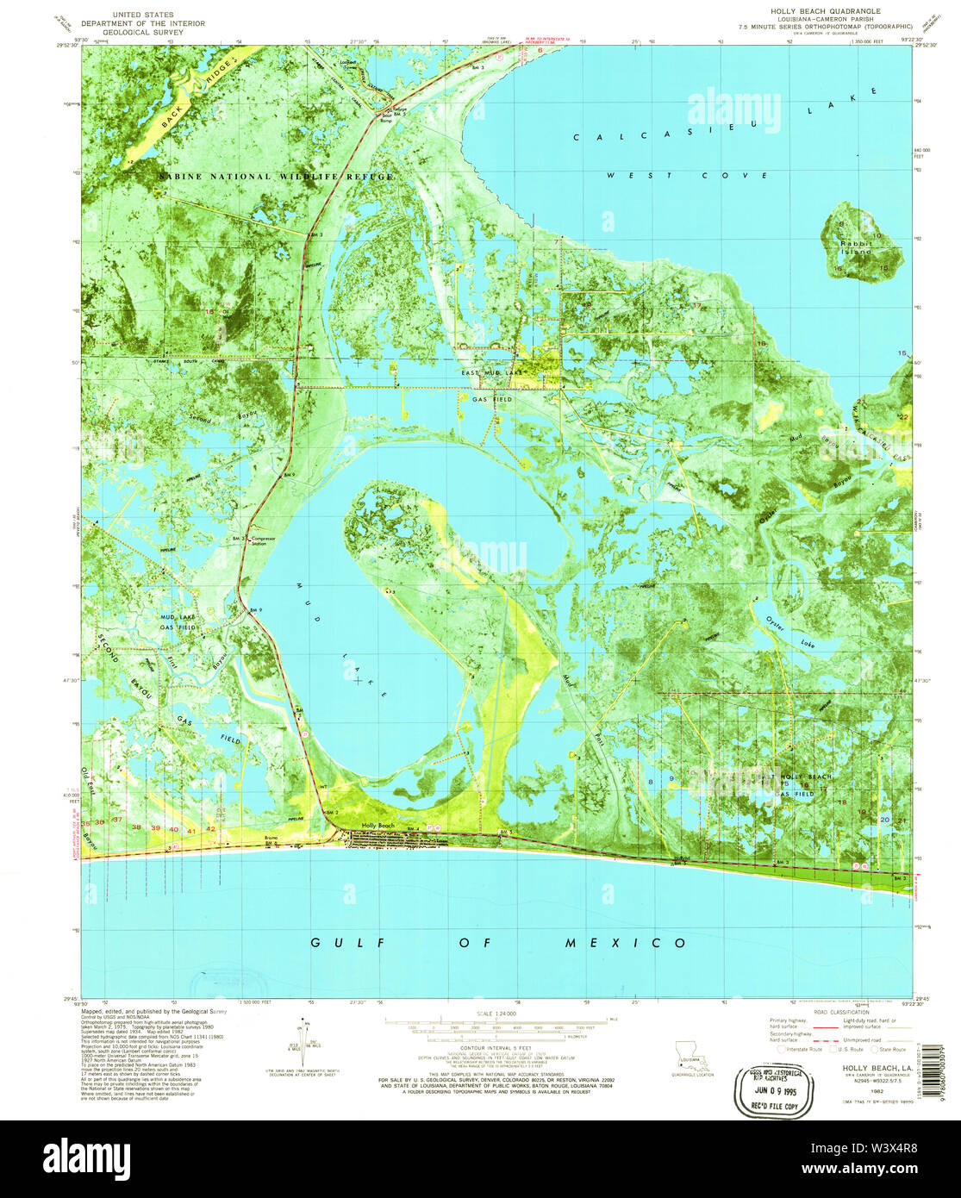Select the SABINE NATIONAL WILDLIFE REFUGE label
tap(275, 177)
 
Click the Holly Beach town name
tap(378, 826)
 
